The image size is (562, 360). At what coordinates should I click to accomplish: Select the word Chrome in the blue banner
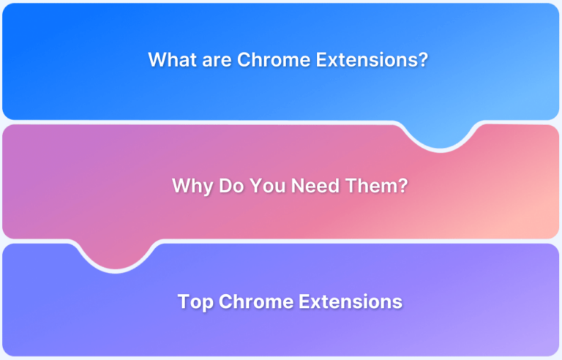click(268, 60)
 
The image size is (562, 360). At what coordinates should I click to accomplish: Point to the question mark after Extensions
click(422, 60)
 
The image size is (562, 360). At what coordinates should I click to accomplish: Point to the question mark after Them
click(402, 186)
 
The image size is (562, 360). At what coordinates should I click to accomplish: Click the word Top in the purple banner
click(195, 301)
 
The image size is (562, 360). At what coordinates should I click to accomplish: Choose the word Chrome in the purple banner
click(250, 301)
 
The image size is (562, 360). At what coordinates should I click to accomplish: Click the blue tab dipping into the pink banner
click(441, 135)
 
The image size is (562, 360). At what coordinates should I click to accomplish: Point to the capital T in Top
click(184, 301)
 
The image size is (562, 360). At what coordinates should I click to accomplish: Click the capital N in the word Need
click(298, 186)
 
